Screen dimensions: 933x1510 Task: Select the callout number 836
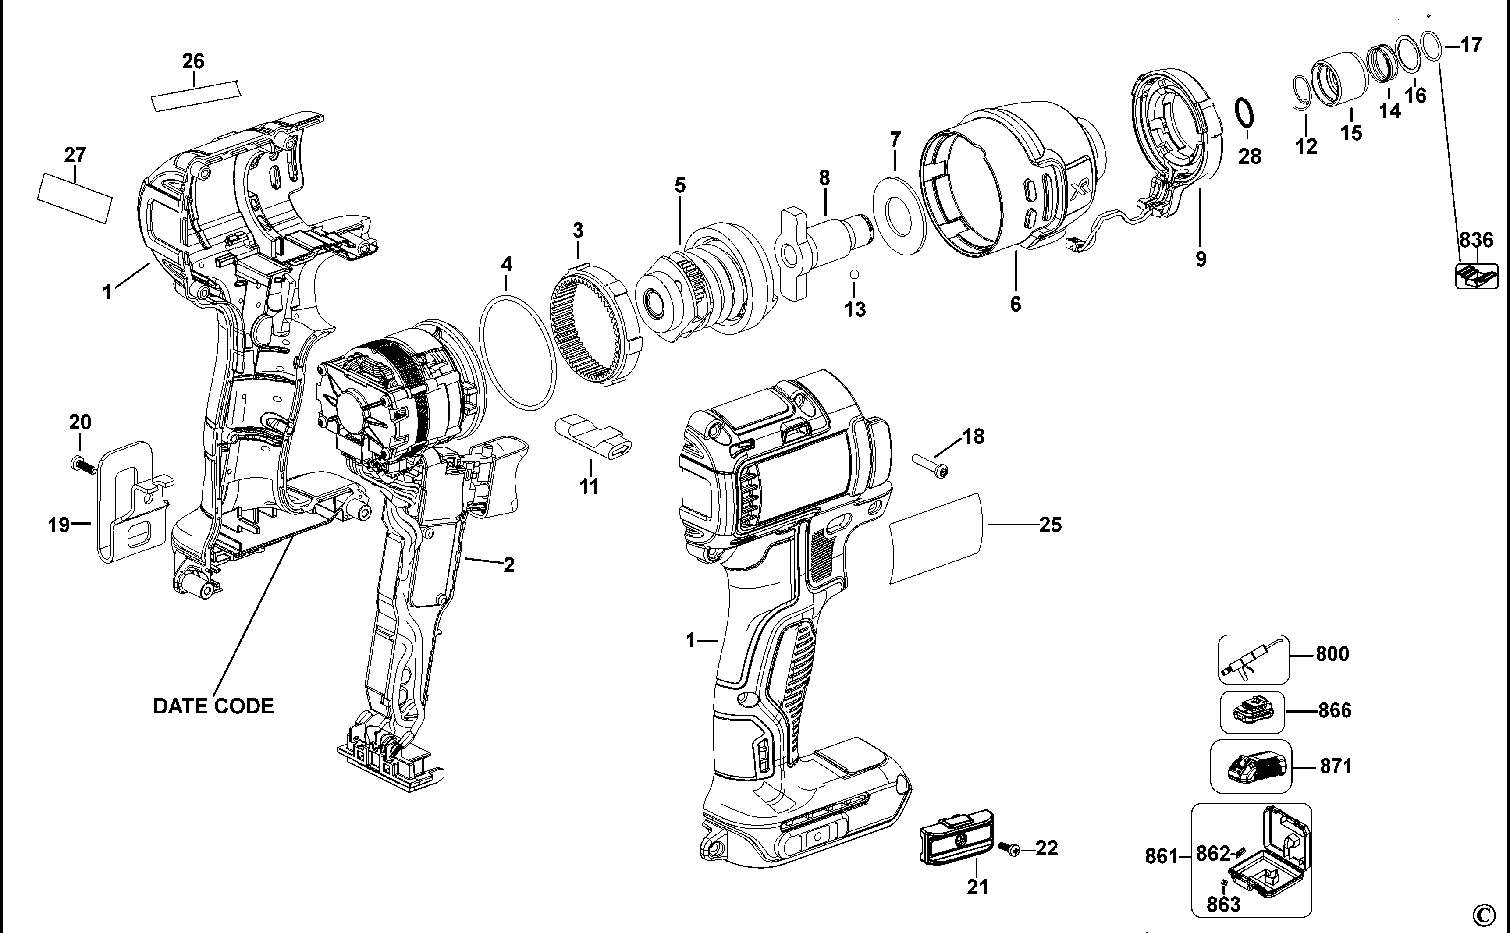click(x=1476, y=239)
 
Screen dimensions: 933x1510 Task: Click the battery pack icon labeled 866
click(x=1253, y=712)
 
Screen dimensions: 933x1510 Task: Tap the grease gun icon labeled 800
click(x=1253, y=659)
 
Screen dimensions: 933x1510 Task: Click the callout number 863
click(x=1222, y=905)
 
